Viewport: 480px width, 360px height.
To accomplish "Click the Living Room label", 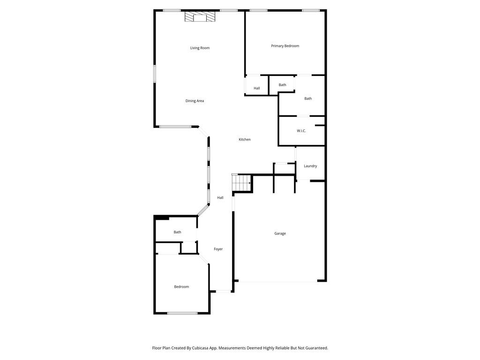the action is click(x=200, y=48).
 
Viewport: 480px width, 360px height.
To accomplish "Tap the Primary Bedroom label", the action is click(x=285, y=46).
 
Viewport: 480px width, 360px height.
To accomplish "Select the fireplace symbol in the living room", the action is click(x=200, y=16).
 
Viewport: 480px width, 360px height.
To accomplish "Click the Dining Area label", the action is click(x=195, y=101).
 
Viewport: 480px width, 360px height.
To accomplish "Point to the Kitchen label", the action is click(x=245, y=139).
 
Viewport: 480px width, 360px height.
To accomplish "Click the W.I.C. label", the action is click(x=301, y=131).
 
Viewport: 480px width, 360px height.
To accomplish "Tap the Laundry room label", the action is click(x=310, y=166).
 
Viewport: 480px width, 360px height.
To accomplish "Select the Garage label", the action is click(x=280, y=233).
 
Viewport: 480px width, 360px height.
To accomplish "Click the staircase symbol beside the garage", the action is click(x=242, y=182).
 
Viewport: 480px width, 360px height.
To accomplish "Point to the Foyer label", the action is click(x=218, y=249).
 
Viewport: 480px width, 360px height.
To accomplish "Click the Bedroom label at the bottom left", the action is click(x=181, y=286).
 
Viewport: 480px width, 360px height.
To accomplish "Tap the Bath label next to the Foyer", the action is click(x=178, y=232).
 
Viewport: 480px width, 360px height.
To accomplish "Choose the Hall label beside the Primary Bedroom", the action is click(x=257, y=88).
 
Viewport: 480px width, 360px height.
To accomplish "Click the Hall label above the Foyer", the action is click(x=220, y=197).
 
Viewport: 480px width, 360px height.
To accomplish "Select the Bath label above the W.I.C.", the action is click(x=308, y=98).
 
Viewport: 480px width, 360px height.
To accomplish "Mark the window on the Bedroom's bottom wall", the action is click(x=182, y=313).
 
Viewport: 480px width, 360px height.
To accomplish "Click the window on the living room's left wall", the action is click(x=155, y=74).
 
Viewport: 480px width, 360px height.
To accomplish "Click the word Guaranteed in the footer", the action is click(x=317, y=348).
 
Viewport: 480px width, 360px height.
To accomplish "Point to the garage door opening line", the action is click(x=278, y=282).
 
